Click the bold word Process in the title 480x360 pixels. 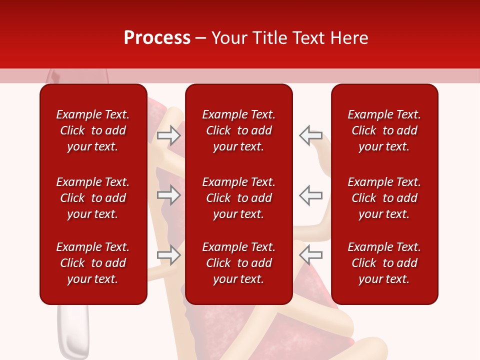157,38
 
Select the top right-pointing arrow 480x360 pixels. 169,135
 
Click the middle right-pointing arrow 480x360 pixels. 169,195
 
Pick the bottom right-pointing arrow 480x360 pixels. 169,255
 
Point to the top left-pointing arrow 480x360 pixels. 310,135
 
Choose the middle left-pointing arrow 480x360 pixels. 310,195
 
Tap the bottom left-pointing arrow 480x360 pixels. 310,255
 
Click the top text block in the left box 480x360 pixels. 93,130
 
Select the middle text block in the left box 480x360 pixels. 93,198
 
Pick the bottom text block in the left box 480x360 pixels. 93,263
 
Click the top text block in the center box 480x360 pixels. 238,130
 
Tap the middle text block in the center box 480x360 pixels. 238,198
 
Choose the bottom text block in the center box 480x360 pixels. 238,263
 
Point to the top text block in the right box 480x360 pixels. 384,130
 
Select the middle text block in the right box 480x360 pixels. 384,198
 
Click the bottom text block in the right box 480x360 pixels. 384,263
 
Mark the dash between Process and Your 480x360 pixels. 200,38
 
